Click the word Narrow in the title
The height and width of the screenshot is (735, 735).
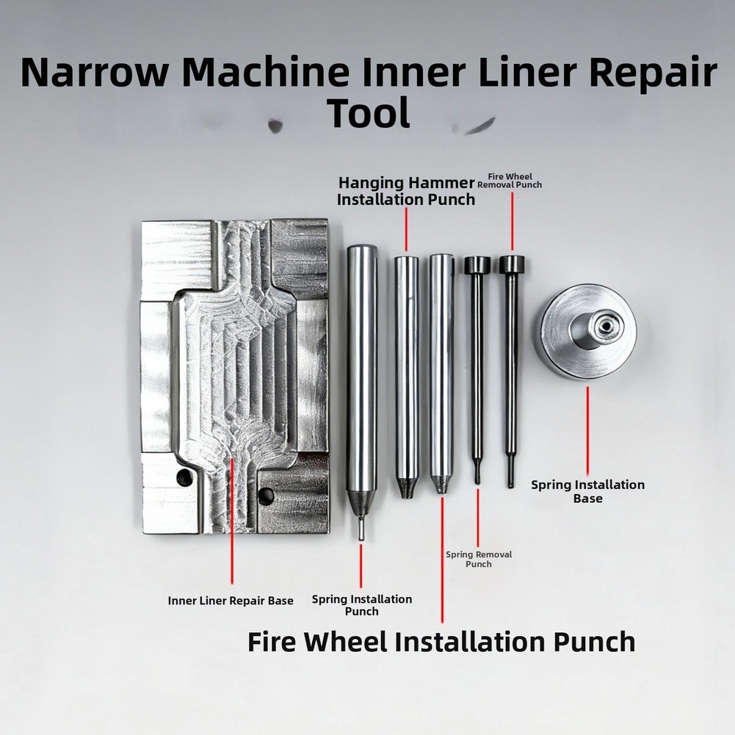coord(94,73)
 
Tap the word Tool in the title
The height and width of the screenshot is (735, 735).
coord(369,113)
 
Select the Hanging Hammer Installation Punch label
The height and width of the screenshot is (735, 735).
coord(406,191)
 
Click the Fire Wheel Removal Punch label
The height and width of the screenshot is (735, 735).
coord(510,181)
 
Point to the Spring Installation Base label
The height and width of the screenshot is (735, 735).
coord(588,491)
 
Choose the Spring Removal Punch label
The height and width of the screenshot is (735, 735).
coord(479,560)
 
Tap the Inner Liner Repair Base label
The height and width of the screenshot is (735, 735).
coord(231,601)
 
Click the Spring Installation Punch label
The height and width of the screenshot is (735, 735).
coord(362,605)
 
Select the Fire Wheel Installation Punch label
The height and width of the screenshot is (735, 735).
coord(441,642)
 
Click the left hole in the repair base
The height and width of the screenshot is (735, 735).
coord(185,477)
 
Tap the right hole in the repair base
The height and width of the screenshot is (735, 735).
coord(266,496)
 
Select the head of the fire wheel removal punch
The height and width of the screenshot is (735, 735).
coord(512,265)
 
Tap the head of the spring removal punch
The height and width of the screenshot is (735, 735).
coord(477,265)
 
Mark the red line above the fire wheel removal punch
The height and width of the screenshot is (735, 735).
coord(512,221)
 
